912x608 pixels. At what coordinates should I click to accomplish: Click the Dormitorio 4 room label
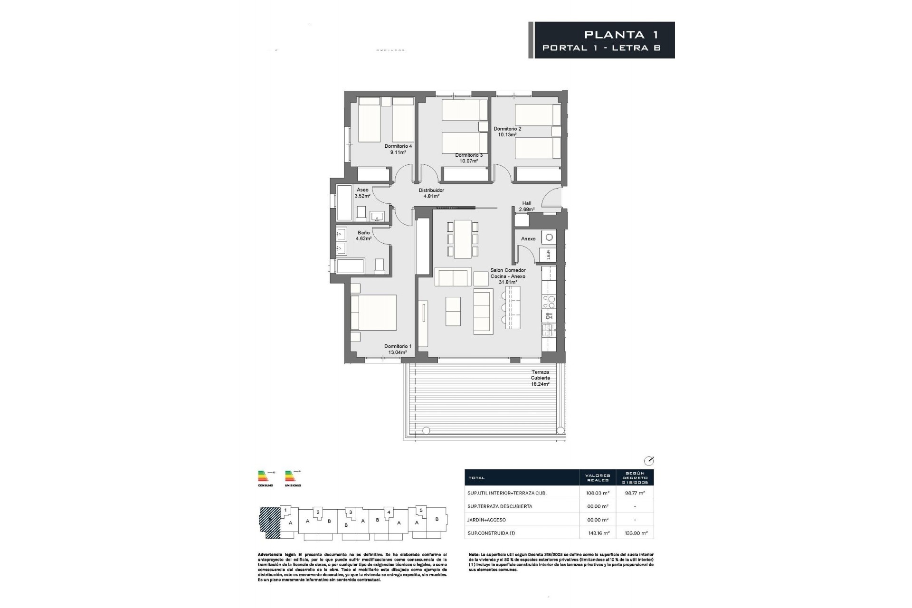[398, 149]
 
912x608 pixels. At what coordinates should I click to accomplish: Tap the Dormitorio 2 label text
[507, 132]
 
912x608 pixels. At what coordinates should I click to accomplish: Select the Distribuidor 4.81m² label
[431, 193]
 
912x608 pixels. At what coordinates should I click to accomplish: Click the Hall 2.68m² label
[526, 206]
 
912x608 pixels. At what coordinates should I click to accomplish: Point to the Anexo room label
[528, 239]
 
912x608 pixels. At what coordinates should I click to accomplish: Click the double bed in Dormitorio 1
[373, 313]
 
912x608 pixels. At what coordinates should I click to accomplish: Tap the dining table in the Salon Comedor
[462, 239]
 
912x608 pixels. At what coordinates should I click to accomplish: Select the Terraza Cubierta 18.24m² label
[540, 378]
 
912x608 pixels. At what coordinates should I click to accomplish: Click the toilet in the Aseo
[361, 214]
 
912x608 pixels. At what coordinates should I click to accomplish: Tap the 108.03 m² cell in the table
[598, 493]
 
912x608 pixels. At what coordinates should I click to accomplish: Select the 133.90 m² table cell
[635, 533]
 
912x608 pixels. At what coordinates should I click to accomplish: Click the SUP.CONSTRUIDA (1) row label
[491, 533]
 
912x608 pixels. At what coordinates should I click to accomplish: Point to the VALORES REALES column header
[598, 477]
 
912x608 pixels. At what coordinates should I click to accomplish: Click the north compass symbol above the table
[648, 461]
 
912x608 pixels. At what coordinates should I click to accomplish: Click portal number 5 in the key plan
[421, 510]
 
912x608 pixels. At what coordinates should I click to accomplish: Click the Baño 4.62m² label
[364, 236]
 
